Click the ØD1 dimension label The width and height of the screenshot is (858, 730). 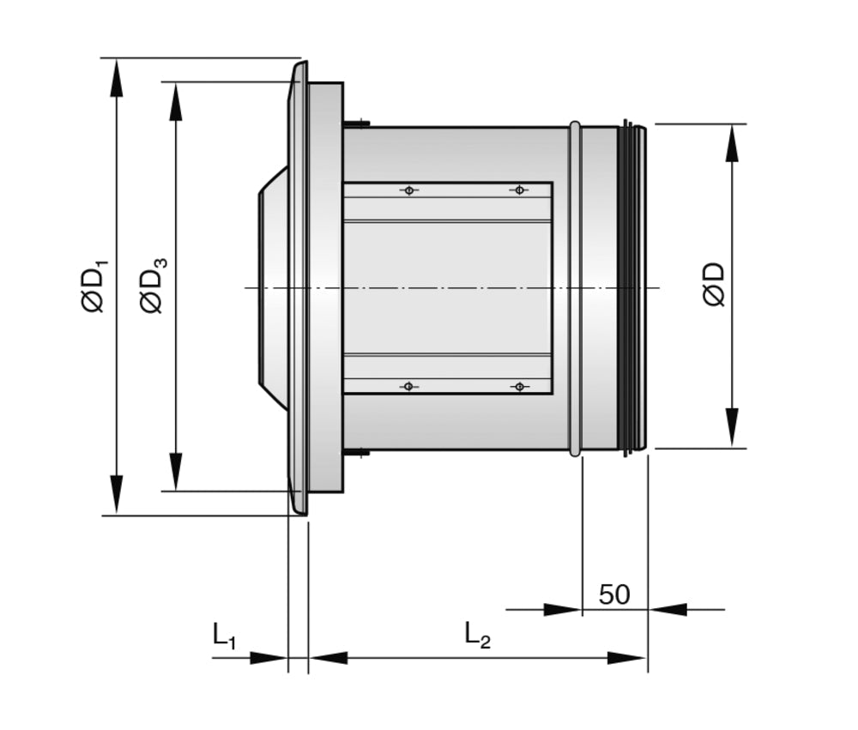(94, 286)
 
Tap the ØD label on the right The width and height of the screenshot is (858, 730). (713, 286)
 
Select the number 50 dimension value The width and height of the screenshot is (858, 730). (614, 594)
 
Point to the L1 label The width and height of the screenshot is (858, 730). (224, 636)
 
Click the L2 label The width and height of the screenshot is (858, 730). (477, 636)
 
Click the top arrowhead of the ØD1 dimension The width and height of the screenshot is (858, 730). (116, 77)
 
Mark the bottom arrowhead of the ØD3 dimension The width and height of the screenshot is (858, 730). (176, 472)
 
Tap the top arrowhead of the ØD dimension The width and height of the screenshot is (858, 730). (731, 143)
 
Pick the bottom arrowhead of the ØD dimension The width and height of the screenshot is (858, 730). (731, 428)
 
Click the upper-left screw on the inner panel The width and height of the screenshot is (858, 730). (409, 190)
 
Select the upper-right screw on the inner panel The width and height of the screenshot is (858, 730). (518, 190)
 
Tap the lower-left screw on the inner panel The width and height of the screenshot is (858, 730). (409, 386)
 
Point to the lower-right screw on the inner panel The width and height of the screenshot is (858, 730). (518, 386)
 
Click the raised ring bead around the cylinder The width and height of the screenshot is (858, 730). (575, 287)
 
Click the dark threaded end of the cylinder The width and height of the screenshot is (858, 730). (631, 287)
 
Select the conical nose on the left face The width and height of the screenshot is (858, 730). (273, 287)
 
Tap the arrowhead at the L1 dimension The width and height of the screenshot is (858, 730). (268, 658)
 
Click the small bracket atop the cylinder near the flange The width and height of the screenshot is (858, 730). (357, 124)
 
